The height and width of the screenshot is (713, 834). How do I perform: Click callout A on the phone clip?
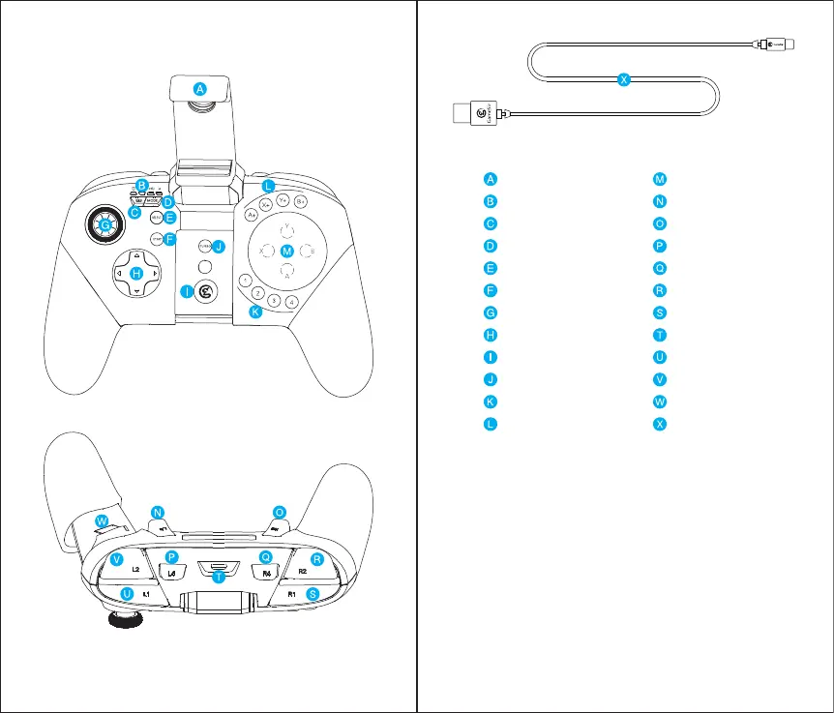(x=198, y=88)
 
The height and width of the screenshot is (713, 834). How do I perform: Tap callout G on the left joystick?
(x=103, y=225)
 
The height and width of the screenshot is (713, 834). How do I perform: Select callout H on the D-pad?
(x=136, y=275)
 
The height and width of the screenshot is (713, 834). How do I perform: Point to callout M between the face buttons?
(x=286, y=252)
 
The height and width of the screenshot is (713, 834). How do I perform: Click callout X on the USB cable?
(x=624, y=80)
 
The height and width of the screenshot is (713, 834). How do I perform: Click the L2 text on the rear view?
(x=136, y=570)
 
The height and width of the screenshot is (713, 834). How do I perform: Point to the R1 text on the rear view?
(x=292, y=592)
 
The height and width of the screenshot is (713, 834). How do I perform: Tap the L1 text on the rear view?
(x=145, y=592)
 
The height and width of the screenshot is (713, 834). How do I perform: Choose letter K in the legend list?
(x=491, y=401)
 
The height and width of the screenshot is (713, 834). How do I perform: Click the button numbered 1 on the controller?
(x=247, y=281)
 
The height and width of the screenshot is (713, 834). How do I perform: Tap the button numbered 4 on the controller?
(x=291, y=301)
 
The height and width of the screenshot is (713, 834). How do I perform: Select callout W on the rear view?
(x=102, y=521)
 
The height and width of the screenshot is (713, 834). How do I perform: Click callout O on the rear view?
(x=280, y=512)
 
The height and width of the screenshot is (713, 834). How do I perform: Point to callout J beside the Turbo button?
(x=220, y=247)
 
